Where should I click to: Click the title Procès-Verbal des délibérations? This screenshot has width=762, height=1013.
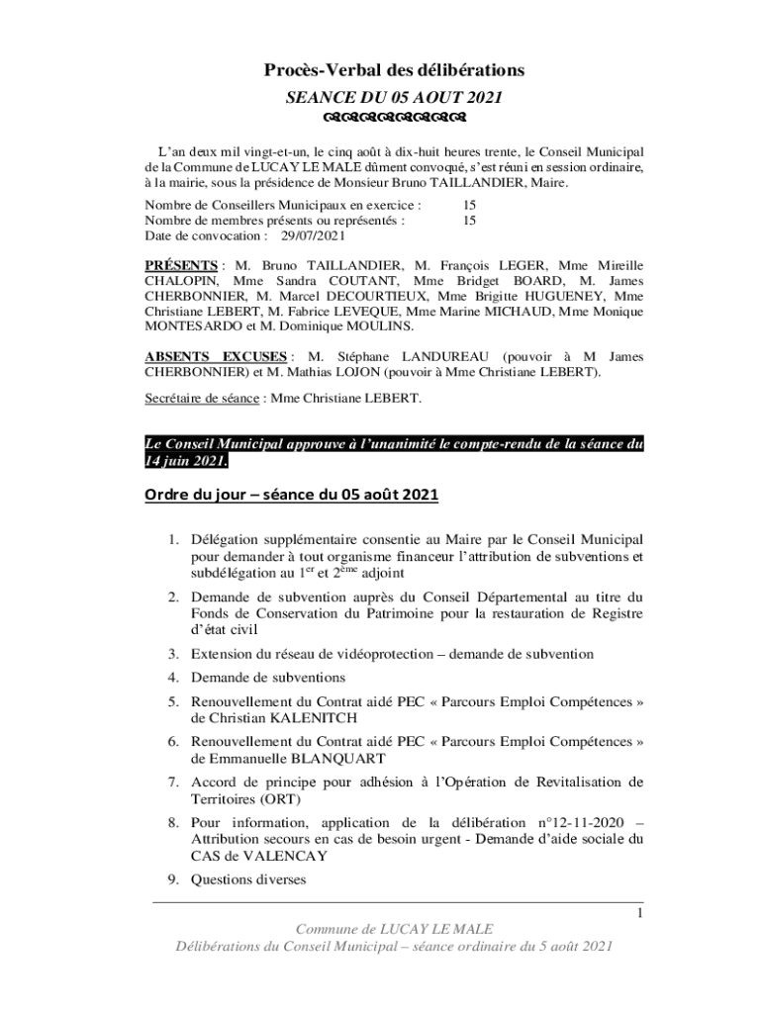point(393,69)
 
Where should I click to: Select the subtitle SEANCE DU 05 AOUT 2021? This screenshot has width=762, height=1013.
point(394,97)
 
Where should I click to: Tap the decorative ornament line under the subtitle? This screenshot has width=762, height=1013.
point(395,121)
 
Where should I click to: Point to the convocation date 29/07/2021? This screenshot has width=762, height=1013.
point(314,237)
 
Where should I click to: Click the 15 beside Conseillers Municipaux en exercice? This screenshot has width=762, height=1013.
point(470,206)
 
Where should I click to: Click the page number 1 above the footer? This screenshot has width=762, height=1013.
point(640,913)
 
